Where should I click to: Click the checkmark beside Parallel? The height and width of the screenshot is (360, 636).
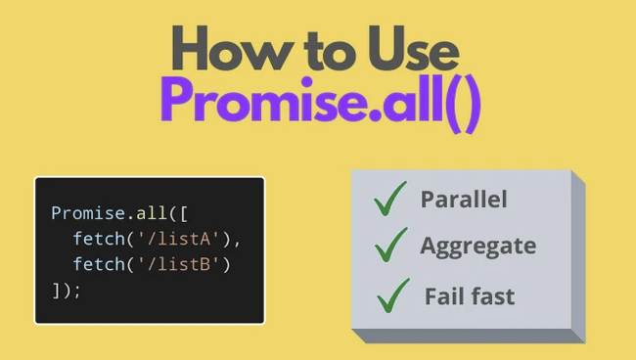click(x=389, y=200)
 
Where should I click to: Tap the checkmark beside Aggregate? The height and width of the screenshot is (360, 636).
click(x=389, y=245)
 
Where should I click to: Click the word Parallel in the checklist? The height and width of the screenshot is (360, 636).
click(x=464, y=200)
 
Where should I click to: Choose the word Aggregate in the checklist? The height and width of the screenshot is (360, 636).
click(x=477, y=246)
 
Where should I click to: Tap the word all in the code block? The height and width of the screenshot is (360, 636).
click(x=144, y=212)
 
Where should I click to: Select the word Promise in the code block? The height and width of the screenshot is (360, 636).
click(x=87, y=212)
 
